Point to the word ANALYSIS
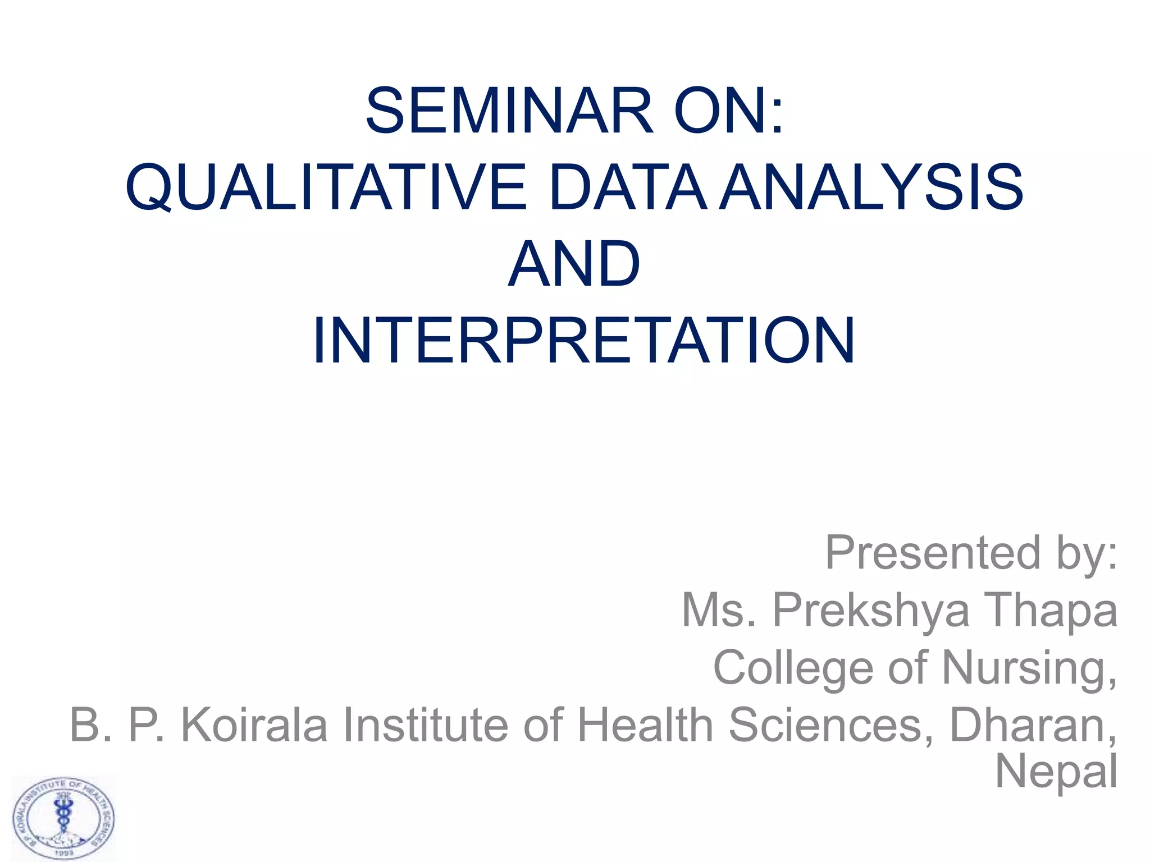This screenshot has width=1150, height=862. click(x=872, y=188)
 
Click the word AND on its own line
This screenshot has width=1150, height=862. click(x=574, y=264)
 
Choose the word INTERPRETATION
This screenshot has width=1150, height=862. click(x=584, y=341)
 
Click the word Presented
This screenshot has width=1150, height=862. click(x=933, y=553)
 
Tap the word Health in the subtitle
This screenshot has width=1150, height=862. click(x=646, y=725)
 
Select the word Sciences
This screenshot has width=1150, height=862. click(x=832, y=725)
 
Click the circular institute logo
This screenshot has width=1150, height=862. click(x=63, y=819)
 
